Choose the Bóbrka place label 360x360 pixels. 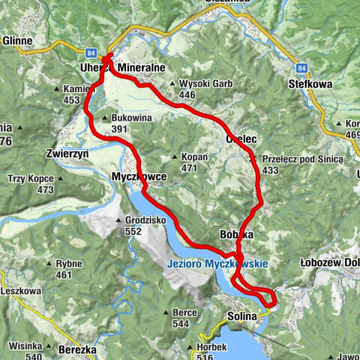pyautogui.click(x=236, y=235)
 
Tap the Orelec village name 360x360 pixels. pyautogui.click(x=242, y=139)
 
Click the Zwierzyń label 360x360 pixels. pyautogui.click(x=67, y=151)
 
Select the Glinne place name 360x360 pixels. pyautogui.click(x=16, y=42)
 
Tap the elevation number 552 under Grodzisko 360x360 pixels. pyautogui.click(x=133, y=232)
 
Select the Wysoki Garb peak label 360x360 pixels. pyautogui.click(x=202, y=84)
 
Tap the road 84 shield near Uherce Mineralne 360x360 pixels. pyautogui.click(x=91, y=53)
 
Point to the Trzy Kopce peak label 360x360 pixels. pyautogui.click(x=31, y=178)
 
